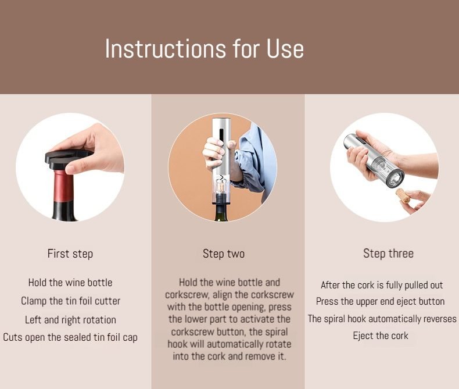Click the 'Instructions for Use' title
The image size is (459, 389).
[205, 49]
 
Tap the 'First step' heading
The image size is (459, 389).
[70, 254]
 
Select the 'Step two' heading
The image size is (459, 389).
[224, 254]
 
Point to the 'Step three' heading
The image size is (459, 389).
[389, 254]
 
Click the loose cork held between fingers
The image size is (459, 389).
[403, 196]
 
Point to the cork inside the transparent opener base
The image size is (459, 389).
[221, 185]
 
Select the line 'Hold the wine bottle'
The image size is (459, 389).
[70, 283]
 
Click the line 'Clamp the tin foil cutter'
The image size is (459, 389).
[70, 301]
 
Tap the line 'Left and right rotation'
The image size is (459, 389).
[70, 320]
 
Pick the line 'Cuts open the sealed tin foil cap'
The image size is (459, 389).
[70, 337]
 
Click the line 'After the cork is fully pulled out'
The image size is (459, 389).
[382, 285]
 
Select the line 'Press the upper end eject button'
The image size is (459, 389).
[380, 301]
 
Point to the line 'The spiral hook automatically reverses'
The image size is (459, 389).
[382, 319]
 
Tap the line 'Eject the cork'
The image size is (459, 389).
[381, 336]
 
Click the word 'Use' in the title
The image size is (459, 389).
[285, 49]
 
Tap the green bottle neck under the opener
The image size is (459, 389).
[221, 212]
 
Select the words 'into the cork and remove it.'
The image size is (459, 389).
[229, 356]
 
